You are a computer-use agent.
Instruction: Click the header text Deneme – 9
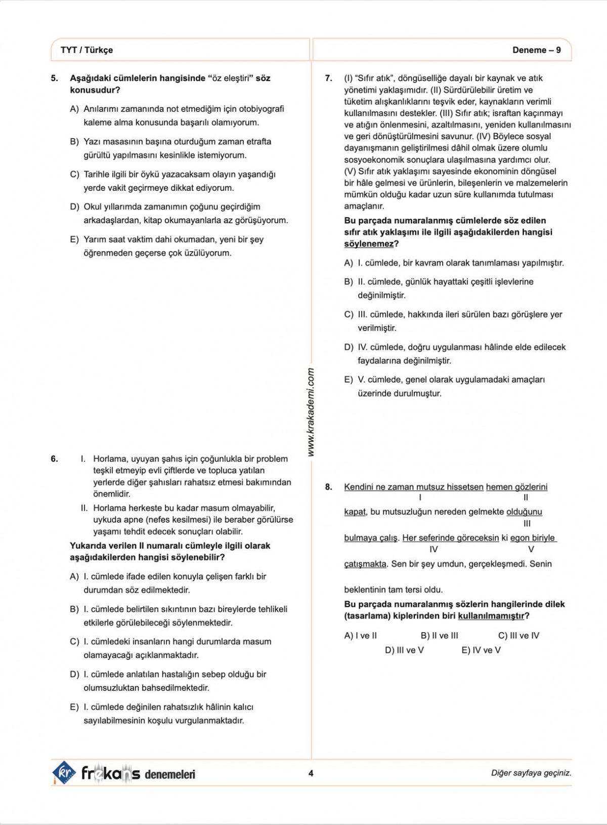pyautogui.click(x=536, y=50)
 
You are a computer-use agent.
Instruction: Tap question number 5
pyautogui.click(x=55, y=78)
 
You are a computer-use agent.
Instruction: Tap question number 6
pyautogui.click(x=55, y=459)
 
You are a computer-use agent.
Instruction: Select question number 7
pyautogui.click(x=329, y=78)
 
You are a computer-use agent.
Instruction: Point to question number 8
pyautogui.click(x=329, y=487)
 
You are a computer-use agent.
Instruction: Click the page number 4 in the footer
pyautogui.click(x=311, y=773)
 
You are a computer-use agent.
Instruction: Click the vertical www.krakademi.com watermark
pyautogui.click(x=311, y=412)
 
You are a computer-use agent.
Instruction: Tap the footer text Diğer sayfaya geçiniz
pyautogui.click(x=531, y=773)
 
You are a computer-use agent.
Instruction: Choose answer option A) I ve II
pyautogui.click(x=360, y=636)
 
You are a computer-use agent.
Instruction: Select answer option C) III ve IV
pyautogui.click(x=518, y=636)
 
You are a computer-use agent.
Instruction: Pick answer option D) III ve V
pyautogui.click(x=404, y=650)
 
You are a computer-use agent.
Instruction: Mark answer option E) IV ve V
pyautogui.click(x=481, y=650)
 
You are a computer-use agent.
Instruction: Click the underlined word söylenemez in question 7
pyautogui.click(x=369, y=244)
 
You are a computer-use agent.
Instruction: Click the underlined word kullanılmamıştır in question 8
pyautogui.click(x=491, y=616)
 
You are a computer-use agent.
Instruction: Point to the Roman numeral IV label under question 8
pyautogui.click(x=433, y=549)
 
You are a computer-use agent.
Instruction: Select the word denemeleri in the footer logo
pyautogui.click(x=170, y=774)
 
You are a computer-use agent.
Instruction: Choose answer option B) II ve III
pyautogui.click(x=439, y=636)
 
